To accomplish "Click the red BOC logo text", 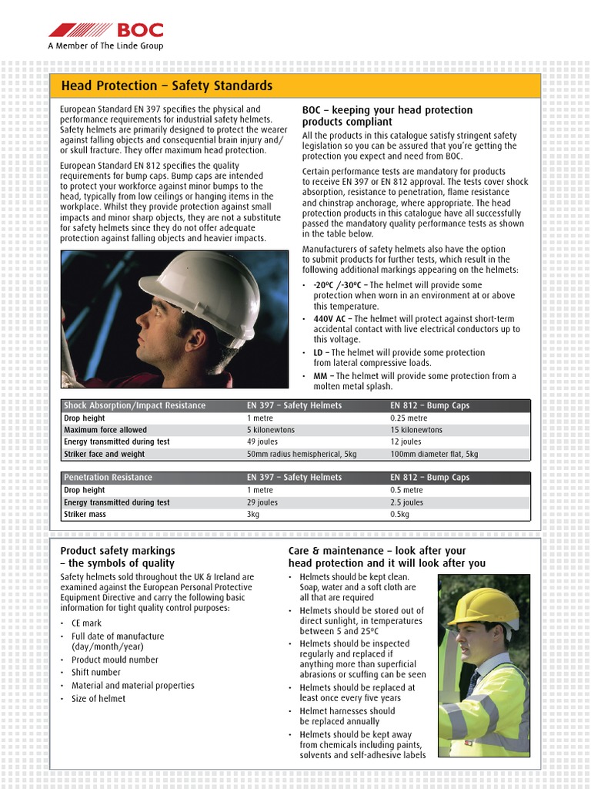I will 139,31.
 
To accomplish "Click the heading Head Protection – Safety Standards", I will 166,86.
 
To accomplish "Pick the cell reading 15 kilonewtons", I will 416,430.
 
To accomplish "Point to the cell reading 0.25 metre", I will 409,418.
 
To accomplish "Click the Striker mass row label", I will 85,515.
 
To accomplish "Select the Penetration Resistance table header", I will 108,478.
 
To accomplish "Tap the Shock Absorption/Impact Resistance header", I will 135,405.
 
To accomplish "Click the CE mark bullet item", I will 86,623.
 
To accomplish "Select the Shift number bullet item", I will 95,673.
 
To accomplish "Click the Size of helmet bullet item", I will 98,699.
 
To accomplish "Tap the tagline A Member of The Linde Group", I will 105,46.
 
